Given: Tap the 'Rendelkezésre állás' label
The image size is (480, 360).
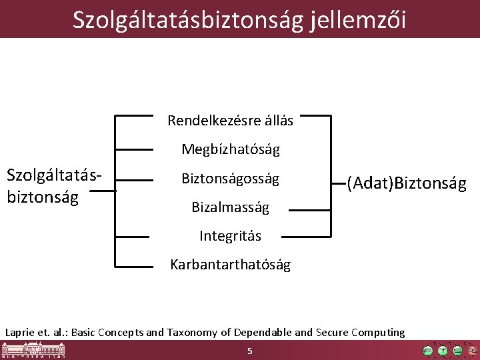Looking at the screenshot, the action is [x=230, y=121].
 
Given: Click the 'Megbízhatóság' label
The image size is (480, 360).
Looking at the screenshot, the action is [x=231, y=149].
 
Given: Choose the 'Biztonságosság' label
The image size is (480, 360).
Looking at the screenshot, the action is [x=231, y=179].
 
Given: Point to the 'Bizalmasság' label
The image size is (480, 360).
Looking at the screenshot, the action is [x=231, y=207].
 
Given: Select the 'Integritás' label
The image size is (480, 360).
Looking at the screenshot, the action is [x=231, y=236].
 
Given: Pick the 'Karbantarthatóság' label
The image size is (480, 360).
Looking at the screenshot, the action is [x=231, y=265].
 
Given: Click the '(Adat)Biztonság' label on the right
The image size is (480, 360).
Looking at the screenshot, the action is [x=406, y=182].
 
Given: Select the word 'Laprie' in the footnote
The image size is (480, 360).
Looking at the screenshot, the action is [x=19, y=332].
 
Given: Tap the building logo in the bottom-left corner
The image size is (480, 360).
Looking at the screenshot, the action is [x=33, y=350].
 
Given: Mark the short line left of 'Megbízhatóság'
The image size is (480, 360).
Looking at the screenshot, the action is [x=133, y=149].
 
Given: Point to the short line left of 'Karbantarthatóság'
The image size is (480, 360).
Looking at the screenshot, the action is [x=133, y=266].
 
